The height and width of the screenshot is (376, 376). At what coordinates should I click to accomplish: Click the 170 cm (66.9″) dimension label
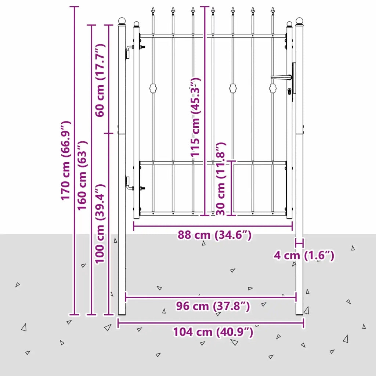click(x=65, y=160)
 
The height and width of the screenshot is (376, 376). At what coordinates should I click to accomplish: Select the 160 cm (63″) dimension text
click(x=82, y=176)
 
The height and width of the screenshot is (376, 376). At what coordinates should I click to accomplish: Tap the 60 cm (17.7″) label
click(x=100, y=80)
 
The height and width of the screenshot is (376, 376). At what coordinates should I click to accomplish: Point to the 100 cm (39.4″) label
click(x=100, y=224)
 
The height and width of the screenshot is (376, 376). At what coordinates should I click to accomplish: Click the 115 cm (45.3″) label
click(x=195, y=117)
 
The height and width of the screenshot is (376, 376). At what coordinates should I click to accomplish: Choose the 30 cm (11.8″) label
click(x=221, y=179)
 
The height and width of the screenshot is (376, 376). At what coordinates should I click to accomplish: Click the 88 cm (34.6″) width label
click(x=214, y=235)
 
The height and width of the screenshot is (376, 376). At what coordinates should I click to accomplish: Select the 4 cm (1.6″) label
click(x=304, y=256)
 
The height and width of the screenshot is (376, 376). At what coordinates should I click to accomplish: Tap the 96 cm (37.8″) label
click(x=213, y=306)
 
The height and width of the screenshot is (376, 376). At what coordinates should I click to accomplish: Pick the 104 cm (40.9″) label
click(x=213, y=332)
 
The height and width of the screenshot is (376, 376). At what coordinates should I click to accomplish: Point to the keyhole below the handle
click(x=289, y=91)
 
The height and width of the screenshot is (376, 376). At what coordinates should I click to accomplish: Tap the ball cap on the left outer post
click(x=122, y=21)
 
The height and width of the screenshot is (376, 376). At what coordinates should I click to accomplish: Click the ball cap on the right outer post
click(x=299, y=21)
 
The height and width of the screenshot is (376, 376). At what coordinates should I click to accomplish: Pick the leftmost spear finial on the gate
click(x=153, y=11)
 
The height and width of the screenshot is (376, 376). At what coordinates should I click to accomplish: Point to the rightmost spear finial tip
click(x=272, y=7)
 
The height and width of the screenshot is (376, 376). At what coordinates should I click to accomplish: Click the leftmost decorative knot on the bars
click(x=153, y=88)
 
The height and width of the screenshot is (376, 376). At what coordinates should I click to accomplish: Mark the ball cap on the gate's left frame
click(x=137, y=24)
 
